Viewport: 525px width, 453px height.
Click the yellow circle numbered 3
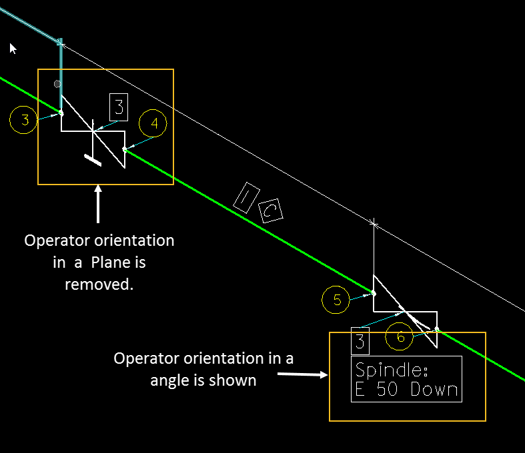coord(25,121)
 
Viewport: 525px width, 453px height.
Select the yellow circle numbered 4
coord(153,123)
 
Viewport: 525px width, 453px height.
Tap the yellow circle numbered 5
coord(336,300)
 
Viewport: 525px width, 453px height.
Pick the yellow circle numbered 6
coord(400,337)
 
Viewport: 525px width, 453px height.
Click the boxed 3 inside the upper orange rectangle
coord(119,107)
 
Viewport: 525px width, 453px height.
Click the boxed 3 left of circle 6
coord(360,341)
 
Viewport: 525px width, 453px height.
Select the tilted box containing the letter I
coord(245,195)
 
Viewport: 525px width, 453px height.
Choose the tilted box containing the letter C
coord(271,211)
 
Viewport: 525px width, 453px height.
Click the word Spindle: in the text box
coord(386,370)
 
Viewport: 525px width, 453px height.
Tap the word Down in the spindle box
coord(434,390)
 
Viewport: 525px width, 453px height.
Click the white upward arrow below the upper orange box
coord(99,203)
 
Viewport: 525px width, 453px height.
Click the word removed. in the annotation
coord(99,284)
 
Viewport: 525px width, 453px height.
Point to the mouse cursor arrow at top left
coord(13,47)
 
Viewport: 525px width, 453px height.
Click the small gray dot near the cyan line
coord(57,84)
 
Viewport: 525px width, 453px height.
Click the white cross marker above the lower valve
coord(374,224)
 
